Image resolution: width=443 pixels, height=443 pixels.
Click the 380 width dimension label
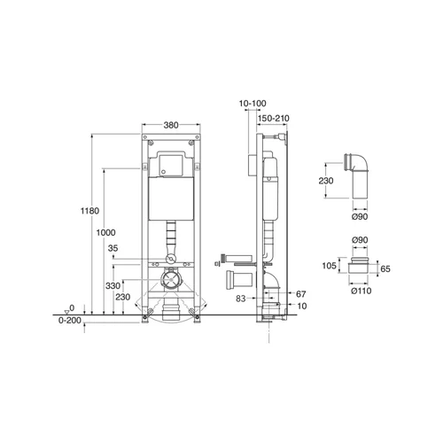click(171, 125)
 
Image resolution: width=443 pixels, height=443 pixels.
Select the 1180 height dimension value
click(89, 211)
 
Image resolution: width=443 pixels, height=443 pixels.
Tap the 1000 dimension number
click(105, 233)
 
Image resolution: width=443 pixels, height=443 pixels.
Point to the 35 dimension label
click(113, 248)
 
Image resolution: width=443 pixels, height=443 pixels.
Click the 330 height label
click(113, 286)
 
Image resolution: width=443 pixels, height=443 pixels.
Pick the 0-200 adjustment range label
click(70, 321)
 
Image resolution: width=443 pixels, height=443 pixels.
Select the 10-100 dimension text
click(253, 104)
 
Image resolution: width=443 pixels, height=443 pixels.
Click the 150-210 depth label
click(274, 119)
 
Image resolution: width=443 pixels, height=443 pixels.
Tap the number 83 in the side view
click(241, 299)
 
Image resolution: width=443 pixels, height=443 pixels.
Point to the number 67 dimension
click(300, 294)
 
